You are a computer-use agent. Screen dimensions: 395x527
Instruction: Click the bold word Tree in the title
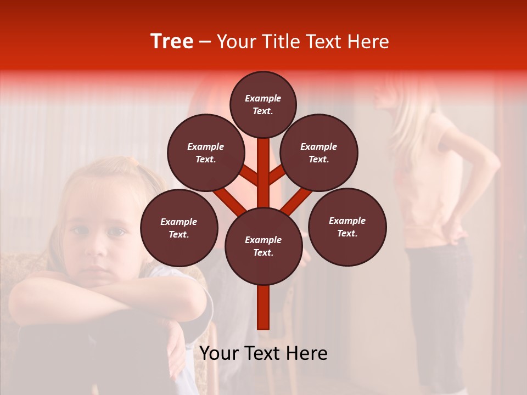pos(172,42)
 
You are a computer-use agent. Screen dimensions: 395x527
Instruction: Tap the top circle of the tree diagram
pos(263,104)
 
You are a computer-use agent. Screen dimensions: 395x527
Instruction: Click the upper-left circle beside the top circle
pos(206,153)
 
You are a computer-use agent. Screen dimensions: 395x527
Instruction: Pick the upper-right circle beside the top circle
pos(319,153)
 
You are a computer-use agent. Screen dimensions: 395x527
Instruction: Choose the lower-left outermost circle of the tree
pos(179,228)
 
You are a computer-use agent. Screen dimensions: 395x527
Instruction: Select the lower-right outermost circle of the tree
pos(347,227)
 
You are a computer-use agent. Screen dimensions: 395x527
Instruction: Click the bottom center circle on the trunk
pos(263,246)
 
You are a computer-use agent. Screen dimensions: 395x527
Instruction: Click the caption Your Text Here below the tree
pos(263,353)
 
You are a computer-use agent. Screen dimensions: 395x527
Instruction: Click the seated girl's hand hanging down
pos(177,351)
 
